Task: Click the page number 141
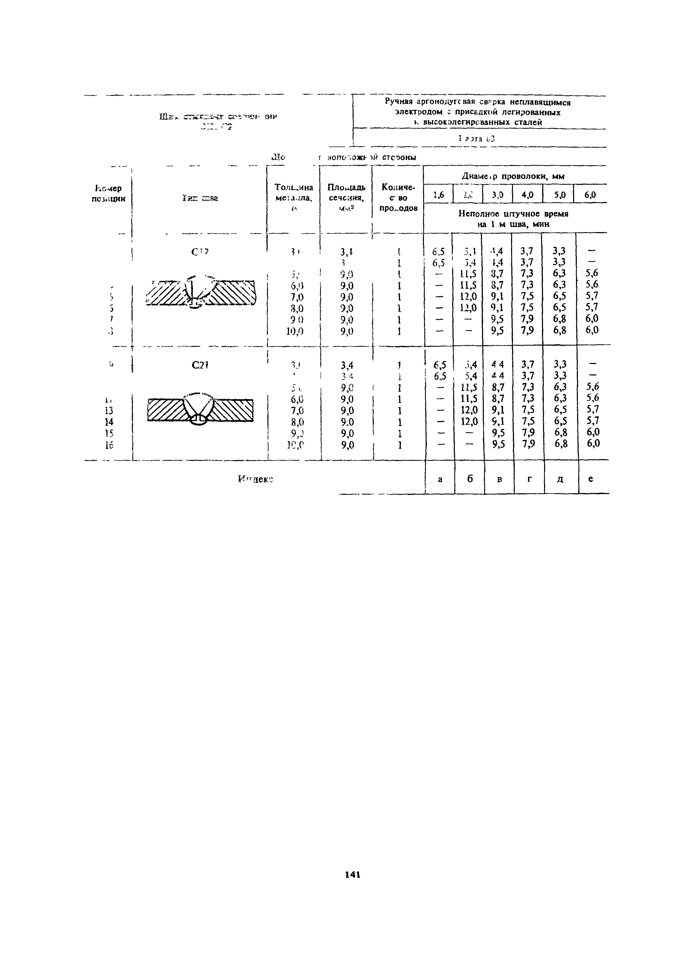(352, 874)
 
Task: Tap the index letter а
(440, 479)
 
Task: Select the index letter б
(470, 479)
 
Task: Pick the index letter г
(529, 479)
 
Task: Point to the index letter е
(591, 479)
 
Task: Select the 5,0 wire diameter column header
(559, 195)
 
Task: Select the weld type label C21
(200, 366)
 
